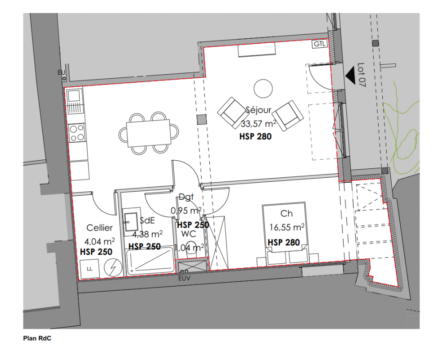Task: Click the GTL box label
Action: pyautogui.click(x=319, y=44)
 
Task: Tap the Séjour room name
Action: pyautogui.click(x=258, y=110)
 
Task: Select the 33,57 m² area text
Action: pyautogui.click(x=259, y=123)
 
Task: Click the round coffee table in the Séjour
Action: pyautogui.click(x=263, y=89)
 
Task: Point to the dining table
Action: pyautogui.click(x=149, y=133)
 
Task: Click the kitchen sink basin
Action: pyautogui.click(x=74, y=96)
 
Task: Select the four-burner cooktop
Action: pyautogui.click(x=77, y=133)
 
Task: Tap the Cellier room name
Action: pyautogui.click(x=100, y=228)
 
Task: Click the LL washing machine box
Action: pyautogui.click(x=90, y=269)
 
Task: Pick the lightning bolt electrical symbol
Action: pyautogui.click(x=113, y=267)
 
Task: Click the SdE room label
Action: pyautogui.click(x=147, y=220)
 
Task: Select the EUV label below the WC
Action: pyautogui.click(x=184, y=278)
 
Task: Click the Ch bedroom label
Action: pyautogui.click(x=286, y=213)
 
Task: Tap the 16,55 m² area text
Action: pyautogui.click(x=287, y=227)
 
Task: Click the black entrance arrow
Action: pyautogui.click(x=350, y=75)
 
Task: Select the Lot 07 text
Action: pyautogui.click(x=362, y=75)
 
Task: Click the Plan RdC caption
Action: pyautogui.click(x=37, y=338)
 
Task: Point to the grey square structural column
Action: pyautogui.click(x=202, y=119)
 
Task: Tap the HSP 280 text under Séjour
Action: pyautogui.click(x=255, y=136)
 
